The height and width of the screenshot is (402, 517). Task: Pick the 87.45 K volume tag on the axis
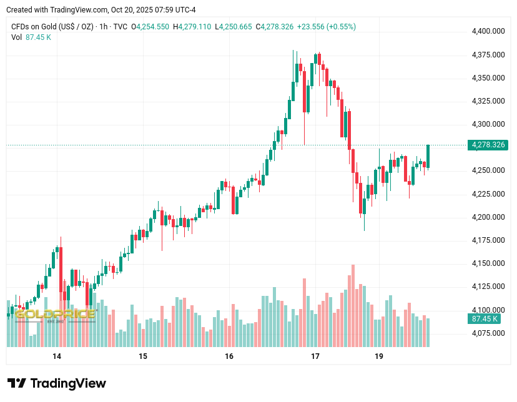pyautogui.click(x=485, y=319)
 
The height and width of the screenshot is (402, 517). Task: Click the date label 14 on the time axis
pyautogui.click(x=57, y=356)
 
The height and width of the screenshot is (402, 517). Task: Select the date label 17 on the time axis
pyautogui.click(x=315, y=356)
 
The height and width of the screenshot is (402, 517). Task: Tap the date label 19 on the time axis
pyautogui.click(x=379, y=356)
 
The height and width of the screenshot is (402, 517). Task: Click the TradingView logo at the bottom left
pyautogui.click(x=56, y=383)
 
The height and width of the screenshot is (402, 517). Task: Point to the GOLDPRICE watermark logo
pyautogui.click(x=55, y=313)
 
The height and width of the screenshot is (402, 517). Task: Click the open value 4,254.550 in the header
pyautogui.click(x=152, y=27)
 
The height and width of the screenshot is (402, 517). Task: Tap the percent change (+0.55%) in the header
pyautogui.click(x=340, y=27)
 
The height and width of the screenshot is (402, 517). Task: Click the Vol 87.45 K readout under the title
pyautogui.click(x=31, y=37)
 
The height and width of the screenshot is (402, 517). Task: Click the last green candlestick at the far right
pyautogui.click(x=428, y=156)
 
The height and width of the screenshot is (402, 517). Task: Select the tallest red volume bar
pyautogui.click(x=353, y=306)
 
